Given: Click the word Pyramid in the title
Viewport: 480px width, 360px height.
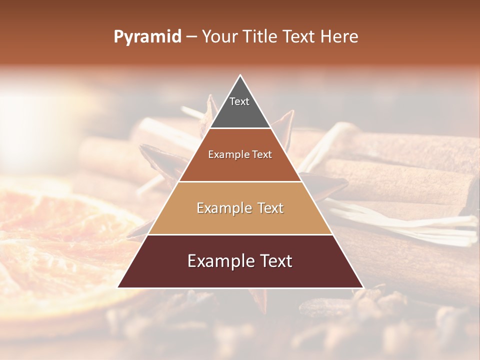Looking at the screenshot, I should (x=147, y=37).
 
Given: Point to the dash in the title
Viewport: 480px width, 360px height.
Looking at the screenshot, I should (x=191, y=37).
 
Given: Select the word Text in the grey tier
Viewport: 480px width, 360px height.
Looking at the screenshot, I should (x=239, y=101).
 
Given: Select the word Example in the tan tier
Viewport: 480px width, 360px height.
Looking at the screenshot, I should (x=222, y=208).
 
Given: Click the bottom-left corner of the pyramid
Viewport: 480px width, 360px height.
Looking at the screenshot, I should (x=118, y=287).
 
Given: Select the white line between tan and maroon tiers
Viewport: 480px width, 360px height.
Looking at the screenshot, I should (x=240, y=234).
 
